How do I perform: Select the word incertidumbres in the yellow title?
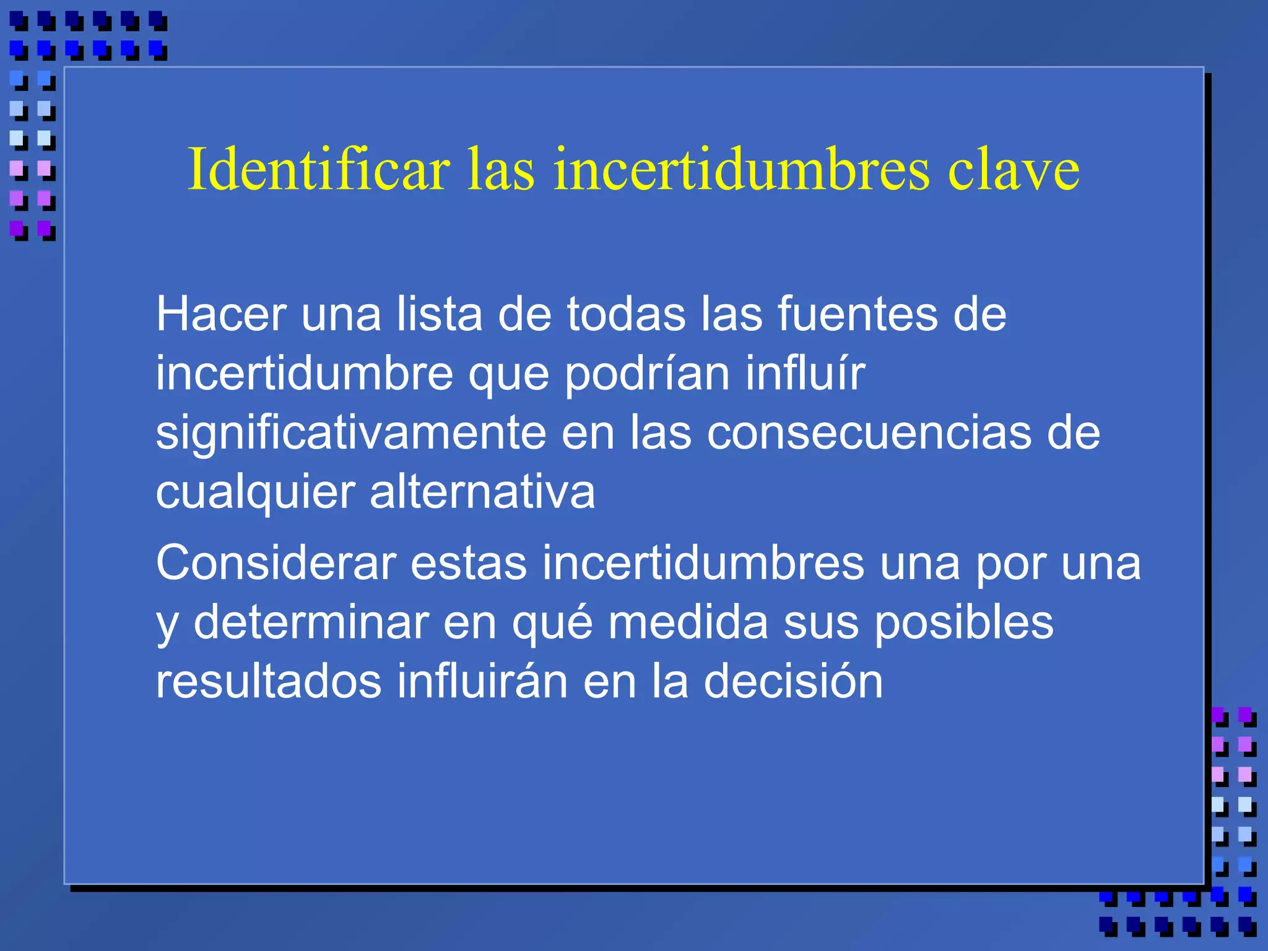tap(741, 169)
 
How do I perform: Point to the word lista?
tap(439, 315)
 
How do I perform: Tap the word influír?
tap(805, 373)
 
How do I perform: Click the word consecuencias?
tap(869, 433)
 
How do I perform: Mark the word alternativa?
tap(482, 492)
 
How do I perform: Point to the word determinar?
tap(311, 623)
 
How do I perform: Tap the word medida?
tap(688, 623)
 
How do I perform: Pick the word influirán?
tap(482, 682)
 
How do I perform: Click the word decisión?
tap(793, 682)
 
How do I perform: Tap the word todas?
tap(626, 315)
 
